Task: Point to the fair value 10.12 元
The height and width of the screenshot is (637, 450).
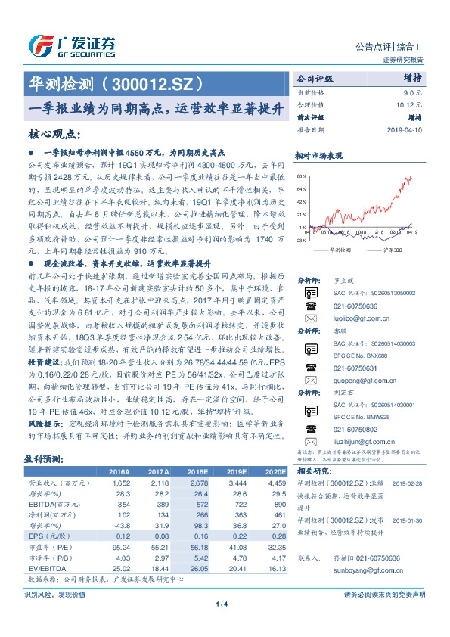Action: tap(408, 104)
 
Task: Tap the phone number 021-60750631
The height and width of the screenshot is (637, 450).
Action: tap(352, 368)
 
